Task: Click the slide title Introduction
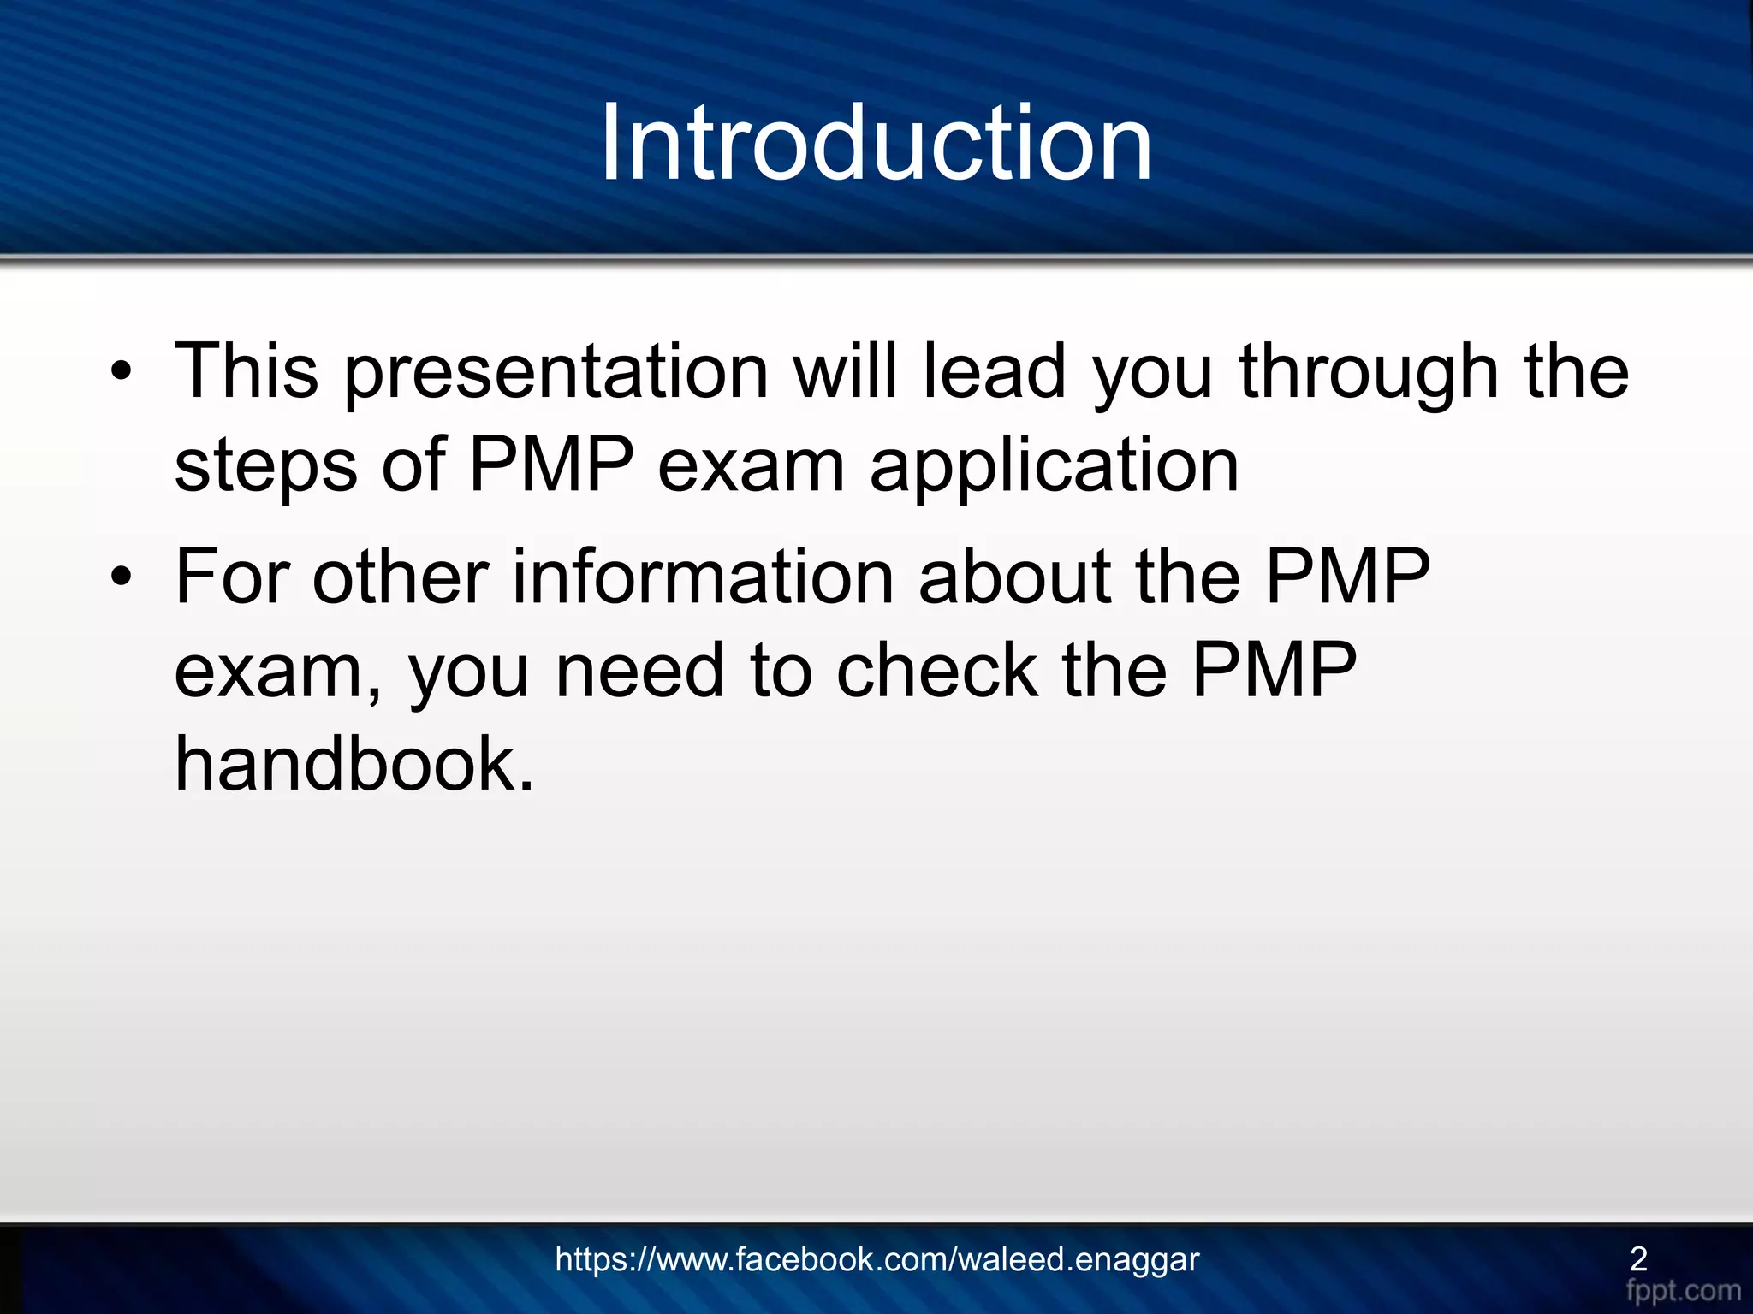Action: (x=876, y=143)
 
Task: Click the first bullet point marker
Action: (x=122, y=372)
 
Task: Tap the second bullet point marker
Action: (x=122, y=577)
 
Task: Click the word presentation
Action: (x=556, y=374)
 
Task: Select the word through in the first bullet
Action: (x=1369, y=374)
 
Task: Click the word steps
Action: (x=265, y=467)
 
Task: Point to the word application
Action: (x=1054, y=467)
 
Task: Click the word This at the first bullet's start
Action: (x=247, y=372)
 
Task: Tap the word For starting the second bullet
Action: (x=232, y=577)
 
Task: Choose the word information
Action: (x=703, y=577)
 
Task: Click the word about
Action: (x=1015, y=577)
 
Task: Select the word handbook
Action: (x=354, y=764)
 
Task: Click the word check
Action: (x=936, y=671)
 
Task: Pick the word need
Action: (x=640, y=671)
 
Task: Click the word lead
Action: (x=994, y=372)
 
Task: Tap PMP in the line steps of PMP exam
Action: (x=551, y=465)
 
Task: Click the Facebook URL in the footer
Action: (x=876, y=1259)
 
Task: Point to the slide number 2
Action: (x=1638, y=1258)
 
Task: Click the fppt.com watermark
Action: (x=1683, y=1290)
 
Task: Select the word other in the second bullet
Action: (x=401, y=577)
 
